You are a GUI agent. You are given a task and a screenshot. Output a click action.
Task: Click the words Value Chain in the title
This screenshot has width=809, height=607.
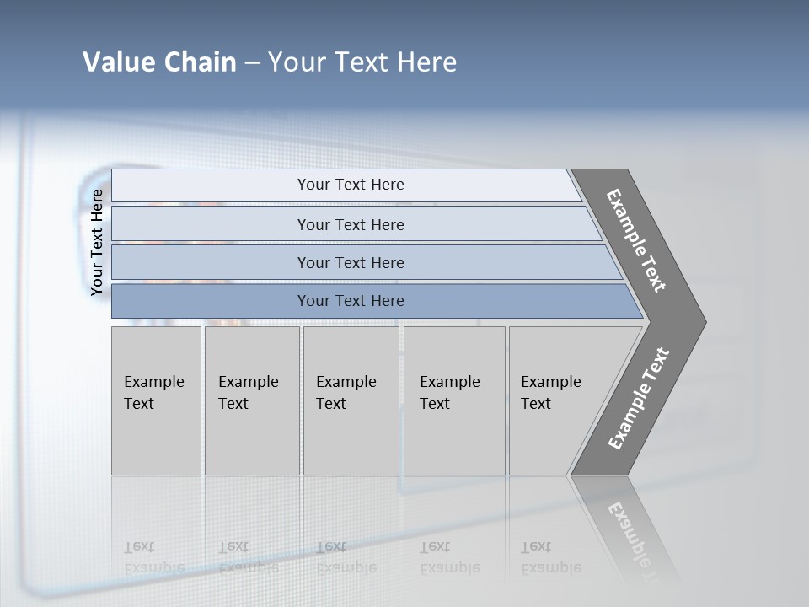click(x=159, y=62)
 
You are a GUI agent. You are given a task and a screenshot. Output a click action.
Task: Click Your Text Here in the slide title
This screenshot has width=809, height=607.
click(x=362, y=62)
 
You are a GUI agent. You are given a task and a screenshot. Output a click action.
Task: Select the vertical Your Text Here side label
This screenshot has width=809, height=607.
click(x=97, y=242)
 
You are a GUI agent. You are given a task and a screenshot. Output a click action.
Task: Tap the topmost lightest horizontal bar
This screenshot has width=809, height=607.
click(x=350, y=185)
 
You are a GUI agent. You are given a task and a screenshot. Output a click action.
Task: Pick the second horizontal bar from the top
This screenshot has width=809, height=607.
click(x=350, y=224)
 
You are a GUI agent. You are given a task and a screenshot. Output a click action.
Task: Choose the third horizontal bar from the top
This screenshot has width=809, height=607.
click(x=350, y=262)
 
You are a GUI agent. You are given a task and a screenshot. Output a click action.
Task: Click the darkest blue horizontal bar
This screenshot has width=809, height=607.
click(x=350, y=301)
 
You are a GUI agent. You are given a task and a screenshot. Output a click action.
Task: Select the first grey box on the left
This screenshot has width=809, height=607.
click(x=156, y=400)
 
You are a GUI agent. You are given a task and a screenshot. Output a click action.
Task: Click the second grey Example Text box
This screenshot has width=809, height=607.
click(x=251, y=400)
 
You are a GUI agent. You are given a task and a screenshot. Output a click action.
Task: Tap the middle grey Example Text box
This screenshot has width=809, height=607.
click(x=351, y=400)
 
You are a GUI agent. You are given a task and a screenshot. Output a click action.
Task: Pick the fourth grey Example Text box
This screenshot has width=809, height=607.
click(x=453, y=400)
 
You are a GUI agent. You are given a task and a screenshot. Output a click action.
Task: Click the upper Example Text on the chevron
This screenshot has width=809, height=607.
click(x=637, y=241)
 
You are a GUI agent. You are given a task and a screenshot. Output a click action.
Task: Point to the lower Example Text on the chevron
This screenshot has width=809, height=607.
click(x=639, y=399)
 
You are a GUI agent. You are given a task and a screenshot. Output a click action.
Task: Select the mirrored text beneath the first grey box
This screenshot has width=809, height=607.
click(x=153, y=557)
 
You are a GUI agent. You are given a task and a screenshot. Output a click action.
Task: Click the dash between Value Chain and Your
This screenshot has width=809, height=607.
click(x=253, y=63)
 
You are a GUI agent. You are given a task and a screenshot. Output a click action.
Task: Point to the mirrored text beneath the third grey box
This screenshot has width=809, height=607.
click(x=346, y=557)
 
